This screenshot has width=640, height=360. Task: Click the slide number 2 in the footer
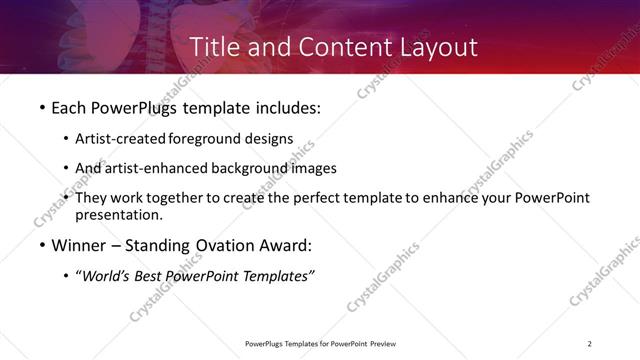[x=590, y=344]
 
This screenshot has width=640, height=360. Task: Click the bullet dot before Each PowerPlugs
[x=41, y=105]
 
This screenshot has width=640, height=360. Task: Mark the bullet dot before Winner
[x=41, y=244]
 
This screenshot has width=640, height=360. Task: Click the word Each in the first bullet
[x=67, y=105]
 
